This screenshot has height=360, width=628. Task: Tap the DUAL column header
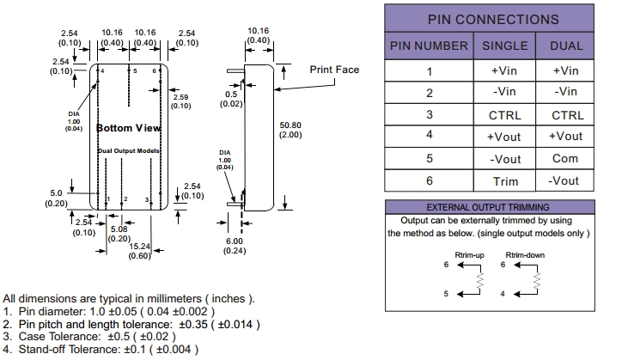click(565, 46)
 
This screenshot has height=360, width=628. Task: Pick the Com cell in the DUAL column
click(565, 158)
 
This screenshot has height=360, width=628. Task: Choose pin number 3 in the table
click(430, 114)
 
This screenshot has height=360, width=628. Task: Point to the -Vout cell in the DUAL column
click(565, 180)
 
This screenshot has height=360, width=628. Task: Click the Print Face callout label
click(334, 70)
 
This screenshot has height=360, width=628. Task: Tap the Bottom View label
click(128, 128)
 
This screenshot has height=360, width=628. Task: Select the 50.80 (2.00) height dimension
click(290, 130)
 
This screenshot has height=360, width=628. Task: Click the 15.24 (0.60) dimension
click(140, 250)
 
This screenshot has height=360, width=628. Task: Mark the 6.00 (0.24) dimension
click(235, 245)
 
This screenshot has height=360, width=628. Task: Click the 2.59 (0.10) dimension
click(180, 101)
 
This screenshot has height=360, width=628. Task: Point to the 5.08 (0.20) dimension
click(119, 233)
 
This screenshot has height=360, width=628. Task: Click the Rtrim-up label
click(470, 254)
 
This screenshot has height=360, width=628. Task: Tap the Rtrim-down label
click(525, 254)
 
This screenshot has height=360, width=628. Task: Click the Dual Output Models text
click(128, 150)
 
